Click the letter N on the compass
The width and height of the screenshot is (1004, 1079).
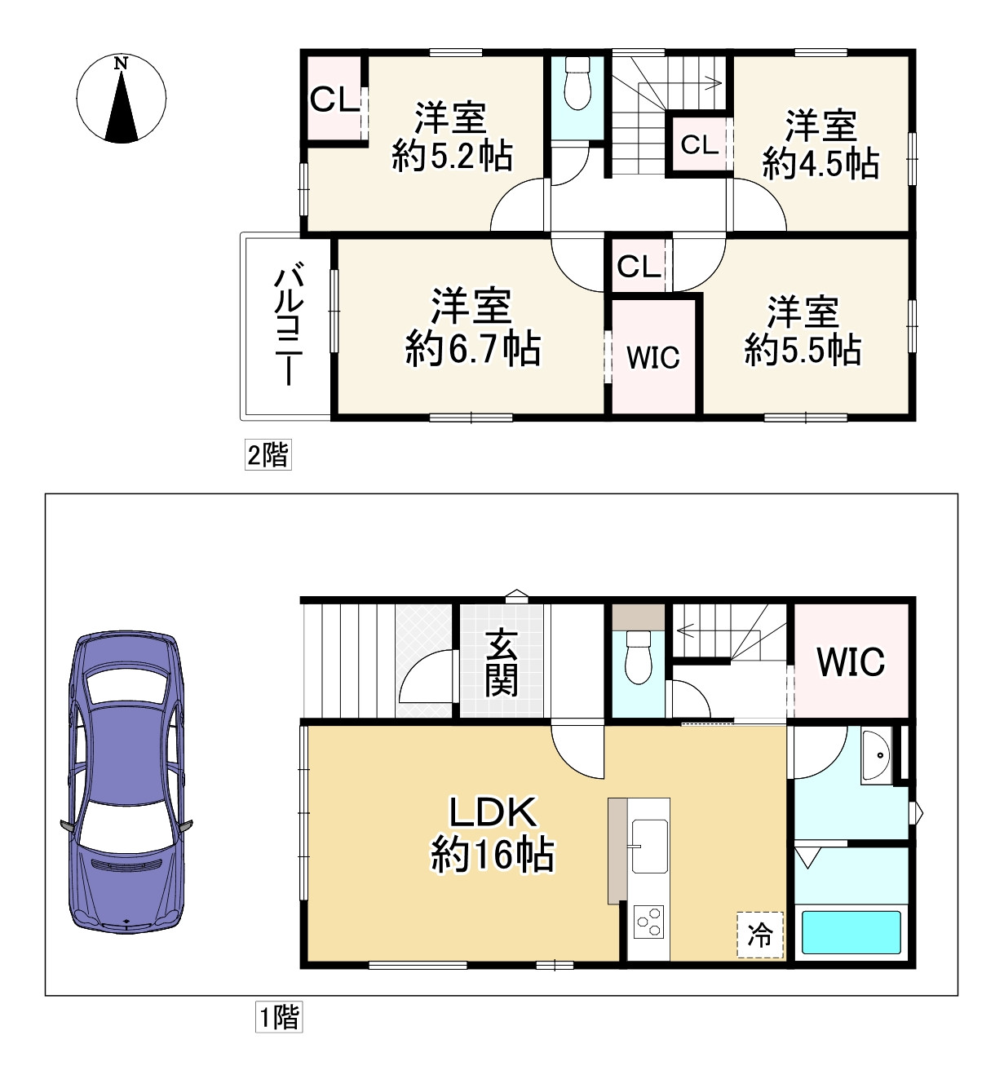tap(121, 64)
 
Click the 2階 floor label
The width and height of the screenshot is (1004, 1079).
tap(268, 454)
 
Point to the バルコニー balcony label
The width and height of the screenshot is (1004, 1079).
tap(289, 325)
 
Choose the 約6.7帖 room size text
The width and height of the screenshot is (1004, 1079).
tap(473, 349)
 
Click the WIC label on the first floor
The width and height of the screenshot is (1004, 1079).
tap(851, 661)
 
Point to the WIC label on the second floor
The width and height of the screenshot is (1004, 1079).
tap(652, 357)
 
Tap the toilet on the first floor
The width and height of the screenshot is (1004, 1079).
tap(639, 657)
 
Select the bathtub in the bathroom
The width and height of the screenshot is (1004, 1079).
tap(851, 932)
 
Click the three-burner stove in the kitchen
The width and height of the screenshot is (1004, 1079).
tap(649, 922)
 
